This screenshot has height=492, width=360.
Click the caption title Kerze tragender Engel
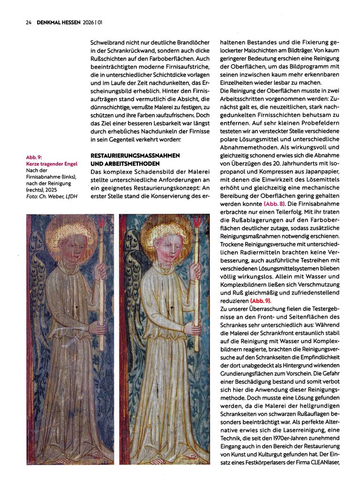pyautogui.click(x=52, y=164)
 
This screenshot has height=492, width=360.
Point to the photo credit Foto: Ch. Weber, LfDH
pyautogui.click(x=52, y=197)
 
